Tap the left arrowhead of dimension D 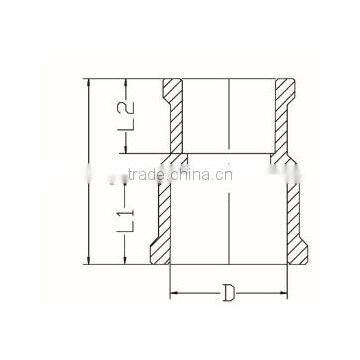pyautogui.click(x=173, y=293)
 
